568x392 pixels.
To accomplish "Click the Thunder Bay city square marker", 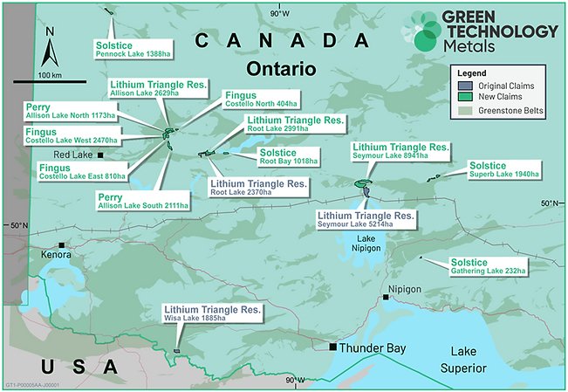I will click(332, 347).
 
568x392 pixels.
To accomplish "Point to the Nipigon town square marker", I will click(386, 298).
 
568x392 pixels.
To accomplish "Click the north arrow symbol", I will click(50, 48).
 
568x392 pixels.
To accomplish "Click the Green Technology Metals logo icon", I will click(428, 31).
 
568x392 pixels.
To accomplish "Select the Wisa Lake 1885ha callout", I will click(212, 314).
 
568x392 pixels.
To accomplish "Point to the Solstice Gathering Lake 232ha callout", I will click(488, 266).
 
